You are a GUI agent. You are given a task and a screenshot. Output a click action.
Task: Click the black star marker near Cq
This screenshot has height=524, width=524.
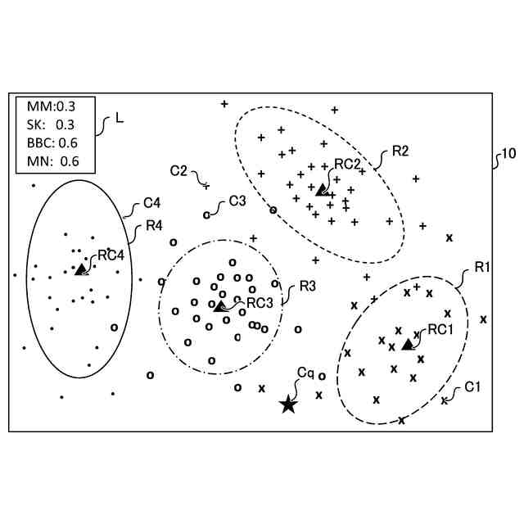tap(288, 404)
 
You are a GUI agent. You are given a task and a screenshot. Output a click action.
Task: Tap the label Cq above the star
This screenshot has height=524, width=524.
tap(305, 373)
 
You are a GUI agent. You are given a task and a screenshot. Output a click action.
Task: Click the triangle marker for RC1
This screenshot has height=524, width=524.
tap(407, 344)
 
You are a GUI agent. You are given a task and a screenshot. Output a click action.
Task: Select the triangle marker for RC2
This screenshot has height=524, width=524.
tap(322, 189)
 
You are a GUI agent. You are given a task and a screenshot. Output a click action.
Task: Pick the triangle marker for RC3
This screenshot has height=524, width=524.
tap(219, 305)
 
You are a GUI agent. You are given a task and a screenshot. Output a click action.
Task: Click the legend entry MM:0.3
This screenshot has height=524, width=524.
tap(52, 106)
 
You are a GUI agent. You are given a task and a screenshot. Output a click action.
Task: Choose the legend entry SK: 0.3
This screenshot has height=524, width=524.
tap(51, 124)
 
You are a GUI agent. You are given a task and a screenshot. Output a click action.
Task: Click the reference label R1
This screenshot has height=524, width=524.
tap(481, 268)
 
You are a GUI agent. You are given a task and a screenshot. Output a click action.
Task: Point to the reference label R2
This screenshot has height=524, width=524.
tap(400, 150)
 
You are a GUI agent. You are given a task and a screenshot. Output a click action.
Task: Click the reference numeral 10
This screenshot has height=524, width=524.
tap(508, 153)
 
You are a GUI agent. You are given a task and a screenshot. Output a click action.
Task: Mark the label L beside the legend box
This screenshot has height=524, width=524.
tap(120, 118)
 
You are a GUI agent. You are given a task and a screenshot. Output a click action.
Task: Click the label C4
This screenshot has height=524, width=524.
tap(151, 202)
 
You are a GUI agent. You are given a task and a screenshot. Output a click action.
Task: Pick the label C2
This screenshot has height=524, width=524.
tap(178, 170)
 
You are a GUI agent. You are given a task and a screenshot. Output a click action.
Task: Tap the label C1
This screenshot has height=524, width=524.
tap(473, 386)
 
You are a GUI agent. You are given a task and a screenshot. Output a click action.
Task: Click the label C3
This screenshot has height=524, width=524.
tap(237, 200)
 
